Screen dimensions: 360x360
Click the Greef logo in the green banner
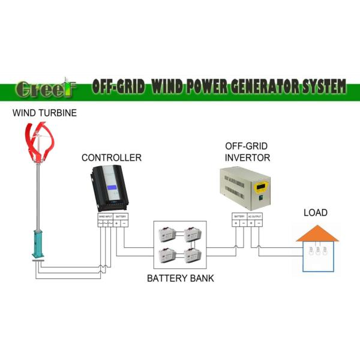44,88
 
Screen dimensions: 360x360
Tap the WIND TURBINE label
44,113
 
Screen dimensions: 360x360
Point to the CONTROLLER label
112,158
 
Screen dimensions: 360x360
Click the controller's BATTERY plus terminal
116,223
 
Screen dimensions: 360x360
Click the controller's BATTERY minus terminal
124,223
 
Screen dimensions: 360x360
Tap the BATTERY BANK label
180,278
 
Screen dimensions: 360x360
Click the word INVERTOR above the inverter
247,158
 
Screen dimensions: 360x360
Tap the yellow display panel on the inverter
260,188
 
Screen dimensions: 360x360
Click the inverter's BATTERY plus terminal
236,223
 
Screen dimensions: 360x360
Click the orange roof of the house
317,233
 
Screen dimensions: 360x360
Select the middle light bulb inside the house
317,250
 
